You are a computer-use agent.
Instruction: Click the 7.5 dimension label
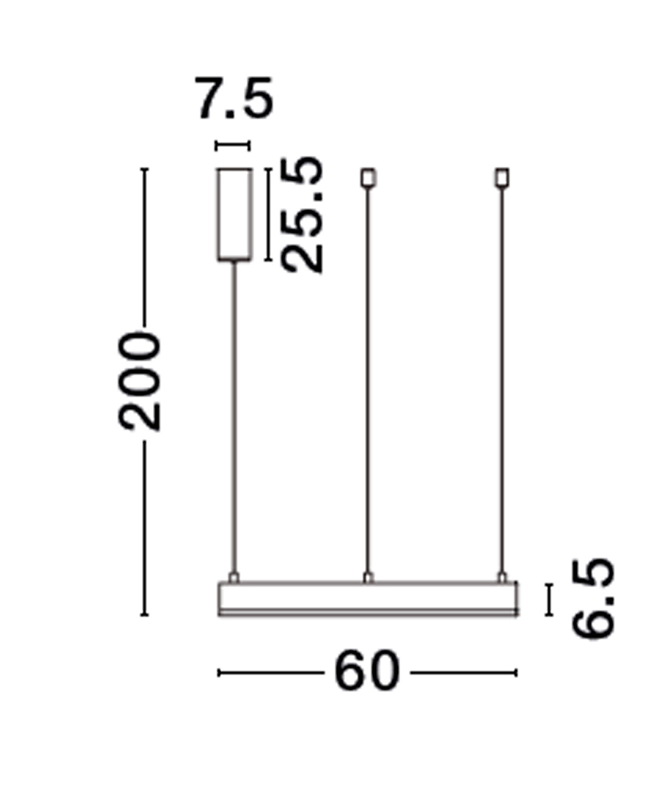pyautogui.click(x=233, y=98)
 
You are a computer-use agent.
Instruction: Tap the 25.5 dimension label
pyautogui.click(x=302, y=215)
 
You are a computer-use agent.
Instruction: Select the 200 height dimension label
pyautogui.click(x=139, y=381)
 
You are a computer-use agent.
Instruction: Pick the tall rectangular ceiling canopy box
pyautogui.click(x=234, y=215)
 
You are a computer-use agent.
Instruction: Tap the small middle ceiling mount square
pyautogui.click(x=368, y=178)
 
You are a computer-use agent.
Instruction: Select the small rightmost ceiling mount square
pyautogui.click(x=502, y=178)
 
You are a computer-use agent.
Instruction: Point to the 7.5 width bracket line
pyautogui.click(x=233, y=146)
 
